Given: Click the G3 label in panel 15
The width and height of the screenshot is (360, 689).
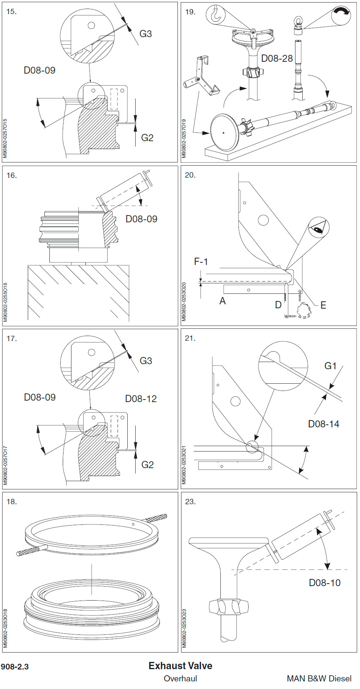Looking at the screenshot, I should pos(145,34).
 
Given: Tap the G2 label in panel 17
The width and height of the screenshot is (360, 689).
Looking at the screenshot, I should pos(147,465).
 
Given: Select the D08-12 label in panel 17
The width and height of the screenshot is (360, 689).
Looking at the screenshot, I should pos(141,399).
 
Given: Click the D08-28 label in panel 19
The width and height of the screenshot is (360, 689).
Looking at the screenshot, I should pos(277,58).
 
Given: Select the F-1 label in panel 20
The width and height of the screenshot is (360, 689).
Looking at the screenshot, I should pos(201,262).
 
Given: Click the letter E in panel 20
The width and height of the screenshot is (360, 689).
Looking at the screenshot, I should pos(323,305).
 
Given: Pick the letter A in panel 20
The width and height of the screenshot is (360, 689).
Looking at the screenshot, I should pos(223,301).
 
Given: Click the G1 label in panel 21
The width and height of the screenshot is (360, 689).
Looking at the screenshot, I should pos(330,366).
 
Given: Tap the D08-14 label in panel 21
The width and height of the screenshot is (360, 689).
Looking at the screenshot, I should pos(324,424).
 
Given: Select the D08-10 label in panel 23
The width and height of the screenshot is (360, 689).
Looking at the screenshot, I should pos(325,583).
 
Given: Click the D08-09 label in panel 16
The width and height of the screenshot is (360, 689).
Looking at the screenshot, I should pos(141,219).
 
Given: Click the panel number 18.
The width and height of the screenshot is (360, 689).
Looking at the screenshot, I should pos(12,502).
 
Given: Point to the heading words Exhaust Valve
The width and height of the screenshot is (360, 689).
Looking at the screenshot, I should pos(180,666).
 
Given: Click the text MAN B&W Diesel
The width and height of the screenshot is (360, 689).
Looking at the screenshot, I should pos(319,679).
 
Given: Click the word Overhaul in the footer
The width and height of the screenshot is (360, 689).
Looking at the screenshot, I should pos(180,679).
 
